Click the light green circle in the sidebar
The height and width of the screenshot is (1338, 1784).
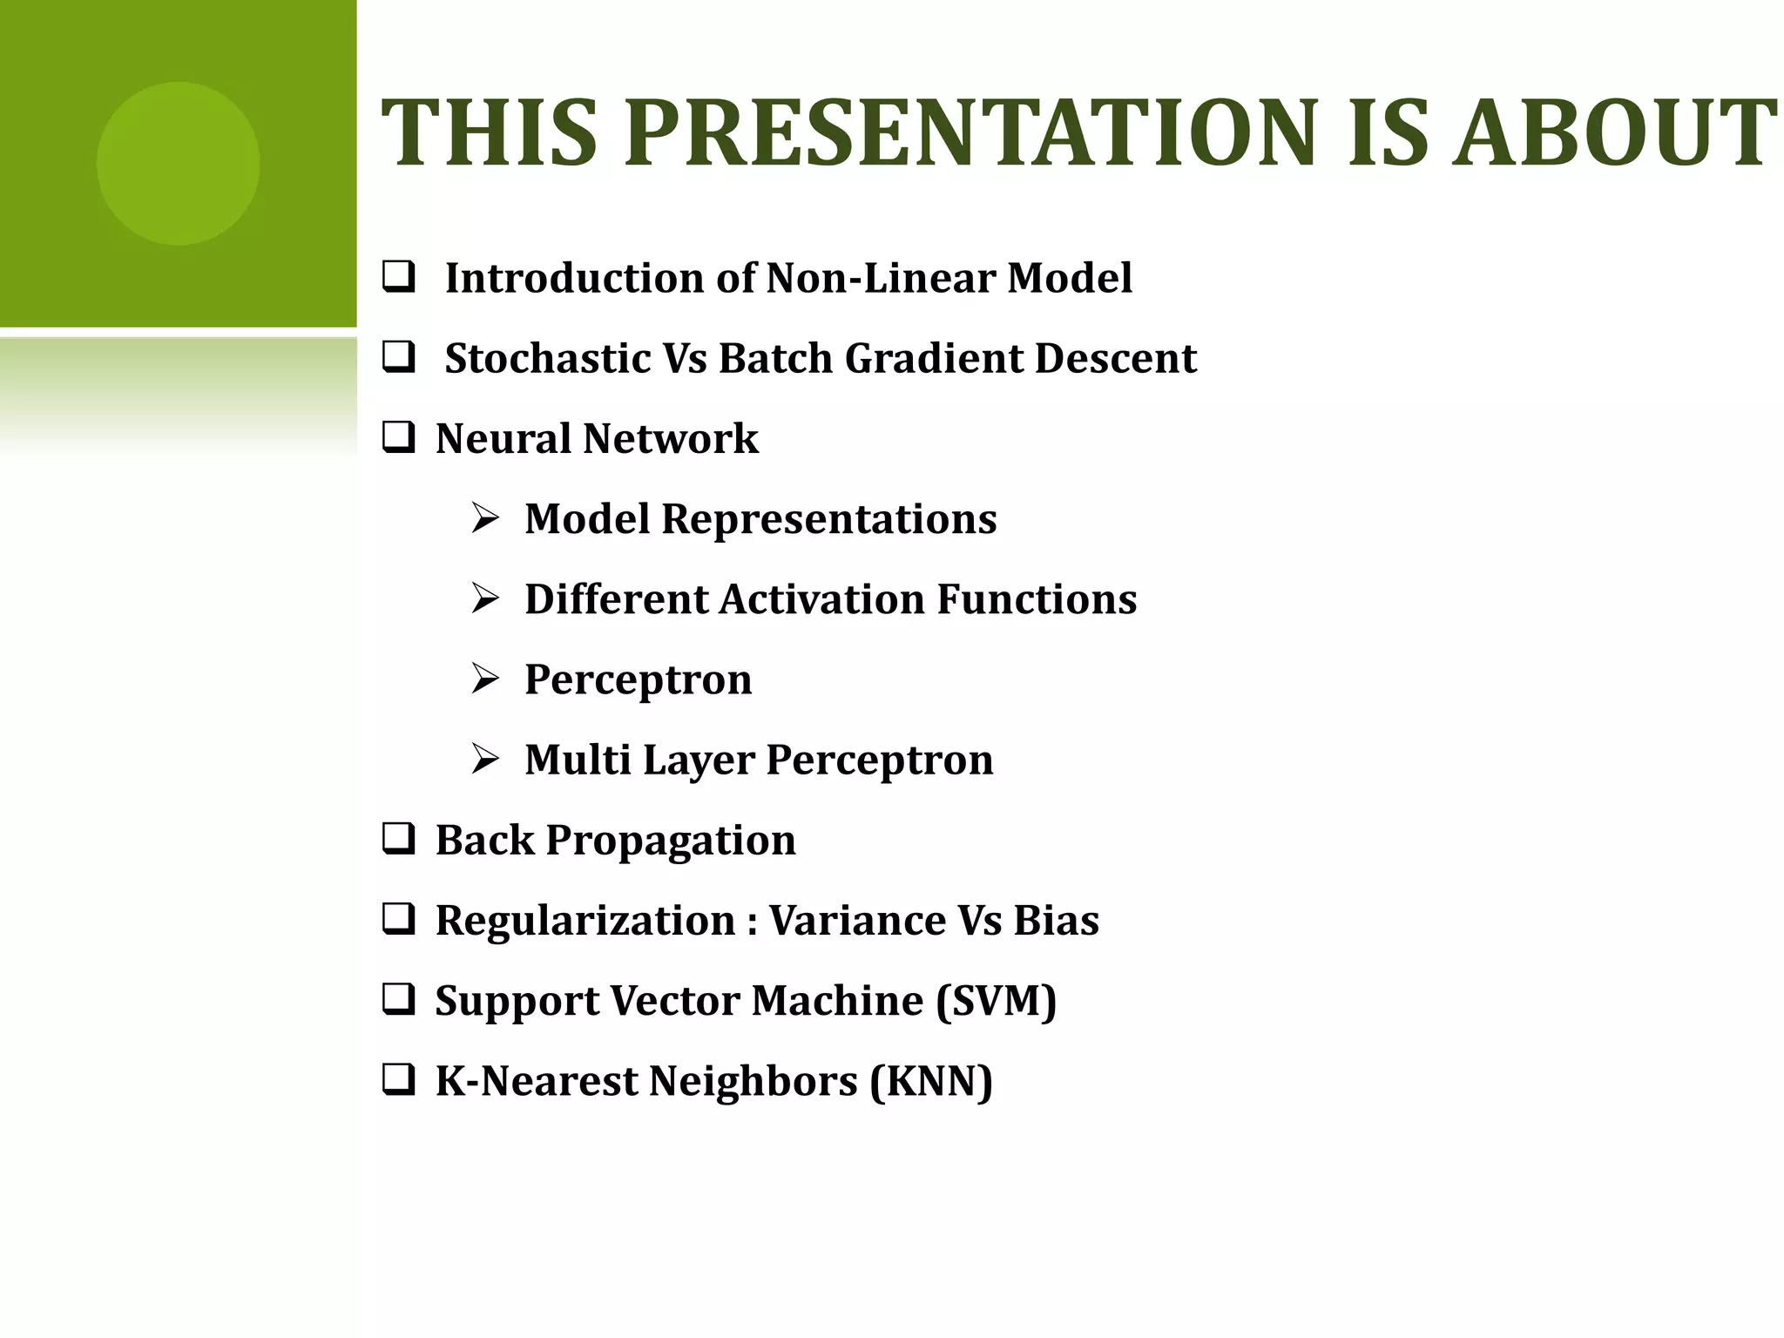pyautogui.click(x=178, y=164)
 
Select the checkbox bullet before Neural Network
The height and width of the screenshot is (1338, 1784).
pyautogui.click(x=398, y=437)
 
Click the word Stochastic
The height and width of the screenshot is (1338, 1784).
pyautogui.click(x=547, y=358)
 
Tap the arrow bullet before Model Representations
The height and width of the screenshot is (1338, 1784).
pyautogui.click(x=485, y=518)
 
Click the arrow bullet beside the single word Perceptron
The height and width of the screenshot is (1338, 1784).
pyautogui.click(x=485, y=679)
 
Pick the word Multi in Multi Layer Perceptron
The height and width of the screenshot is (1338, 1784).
pyautogui.click(x=578, y=760)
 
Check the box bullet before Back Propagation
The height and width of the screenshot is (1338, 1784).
pyautogui.click(x=398, y=839)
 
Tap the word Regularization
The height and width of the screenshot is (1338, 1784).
pyautogui.click(x=585, y=921)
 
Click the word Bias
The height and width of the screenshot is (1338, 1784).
pyautogui.click(x=1056, y=920)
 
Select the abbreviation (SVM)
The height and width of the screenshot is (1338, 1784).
pyautogui.click(x=996, y=1001)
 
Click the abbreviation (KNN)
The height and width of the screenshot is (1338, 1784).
pyautogui.click(x=931, y=1081)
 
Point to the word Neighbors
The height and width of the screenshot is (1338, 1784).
pyautogui.click(x=753, y=1081)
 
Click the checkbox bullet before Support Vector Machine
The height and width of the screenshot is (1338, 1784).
pyautogui.click(x=398, y=999)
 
